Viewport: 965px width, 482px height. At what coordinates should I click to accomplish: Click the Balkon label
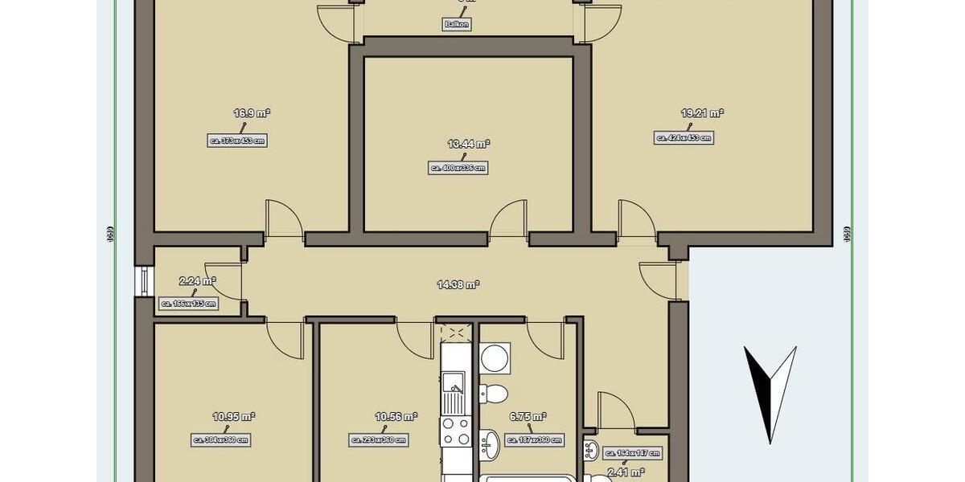pyautogui.click(x=456, y=25)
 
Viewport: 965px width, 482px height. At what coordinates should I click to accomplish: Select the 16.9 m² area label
pyautogui.click(x=251, y=114)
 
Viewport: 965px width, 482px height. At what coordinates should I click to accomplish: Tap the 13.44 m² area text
pyautogui.click(x=469, y=144)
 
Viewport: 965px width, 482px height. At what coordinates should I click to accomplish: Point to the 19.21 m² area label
pyautogui.click(x=702, y=114)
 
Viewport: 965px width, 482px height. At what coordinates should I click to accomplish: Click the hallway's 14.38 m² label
pyautogui.click(x=458, y=284)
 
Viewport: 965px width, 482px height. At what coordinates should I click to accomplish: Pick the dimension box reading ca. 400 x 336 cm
pyautogui.click(x=458, y=168)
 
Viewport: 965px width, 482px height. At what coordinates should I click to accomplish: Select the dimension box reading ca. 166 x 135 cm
pyautogui.click(x=189, y=304)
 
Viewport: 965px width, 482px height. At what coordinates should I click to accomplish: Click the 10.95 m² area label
pyautogui.click(x=233, y=416)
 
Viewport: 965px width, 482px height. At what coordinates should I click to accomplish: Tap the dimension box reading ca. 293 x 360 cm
pyautogui.click(x=379, y=440)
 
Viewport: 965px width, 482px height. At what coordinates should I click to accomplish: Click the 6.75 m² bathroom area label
pyautogui.click(x=528, y=417)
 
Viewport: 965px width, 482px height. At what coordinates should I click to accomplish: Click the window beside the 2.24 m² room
pyautogui.click(x=143, y=281)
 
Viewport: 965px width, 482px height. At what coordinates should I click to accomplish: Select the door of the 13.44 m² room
pyautogui.click(x=508, y=221)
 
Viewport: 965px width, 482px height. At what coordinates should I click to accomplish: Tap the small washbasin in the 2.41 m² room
pyautogui.click(x=591, y=447)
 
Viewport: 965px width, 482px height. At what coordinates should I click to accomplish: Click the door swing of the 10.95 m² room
pyautogui.click(x=285, y=337)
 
